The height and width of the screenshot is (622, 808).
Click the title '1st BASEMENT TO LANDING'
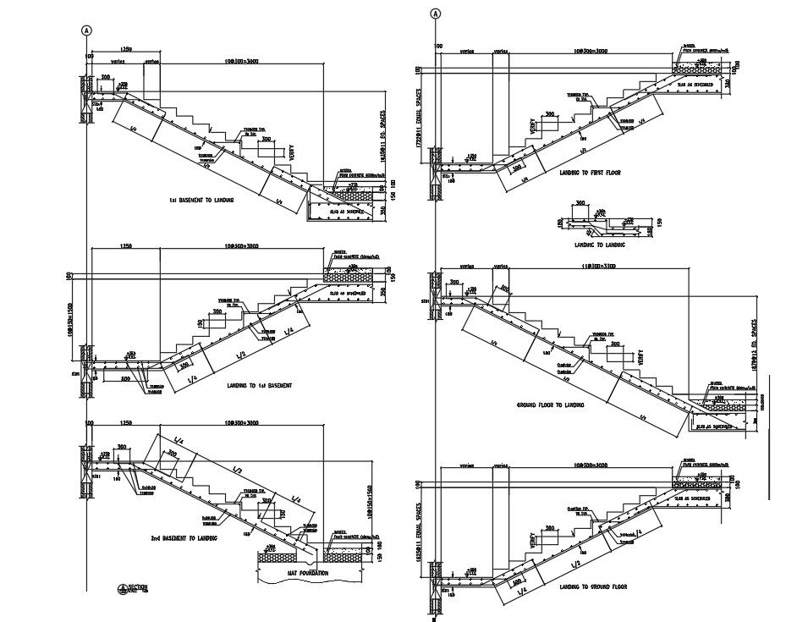201,201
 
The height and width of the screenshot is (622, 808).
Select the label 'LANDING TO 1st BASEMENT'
259,386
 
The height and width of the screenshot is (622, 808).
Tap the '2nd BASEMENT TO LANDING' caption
184,537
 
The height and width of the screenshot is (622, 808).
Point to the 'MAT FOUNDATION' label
301,573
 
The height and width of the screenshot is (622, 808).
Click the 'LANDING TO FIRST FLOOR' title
590,173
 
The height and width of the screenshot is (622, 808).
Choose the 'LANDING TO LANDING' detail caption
599,245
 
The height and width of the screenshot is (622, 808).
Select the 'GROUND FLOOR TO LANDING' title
550,405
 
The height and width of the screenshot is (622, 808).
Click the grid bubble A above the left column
86,30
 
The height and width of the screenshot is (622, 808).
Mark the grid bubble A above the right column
436,14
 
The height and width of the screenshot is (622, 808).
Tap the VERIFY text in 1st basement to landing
292,152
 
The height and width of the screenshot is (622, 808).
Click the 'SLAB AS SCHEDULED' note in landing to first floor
699,85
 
